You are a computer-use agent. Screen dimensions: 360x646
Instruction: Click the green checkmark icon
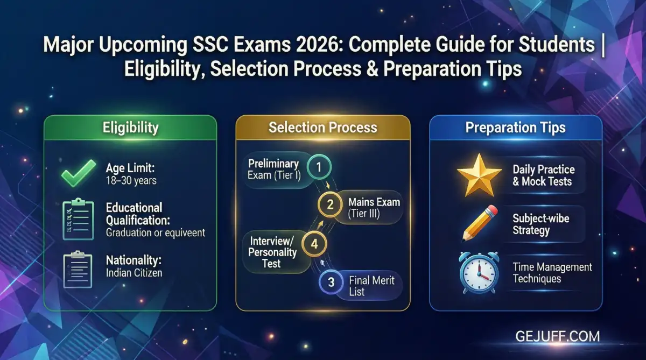(x=79, y=173)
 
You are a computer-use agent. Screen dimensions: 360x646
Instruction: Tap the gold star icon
(x=479, y=175)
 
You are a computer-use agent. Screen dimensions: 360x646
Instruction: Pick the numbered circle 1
(x=319, y=167)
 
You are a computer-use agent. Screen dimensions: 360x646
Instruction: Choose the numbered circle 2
(x=331, y=204)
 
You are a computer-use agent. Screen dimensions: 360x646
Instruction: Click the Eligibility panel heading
(x=130, y=128)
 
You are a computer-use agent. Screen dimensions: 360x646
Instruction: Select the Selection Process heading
(x=323, y=128)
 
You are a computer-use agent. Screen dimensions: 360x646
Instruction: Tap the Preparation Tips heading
(x=515, y=128)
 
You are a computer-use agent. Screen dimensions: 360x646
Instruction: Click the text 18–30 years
(x=131, y=180)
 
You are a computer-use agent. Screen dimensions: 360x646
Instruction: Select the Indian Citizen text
(x=134, y=273)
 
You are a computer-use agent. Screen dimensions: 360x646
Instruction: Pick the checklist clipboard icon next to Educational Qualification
(x=79, y=220)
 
